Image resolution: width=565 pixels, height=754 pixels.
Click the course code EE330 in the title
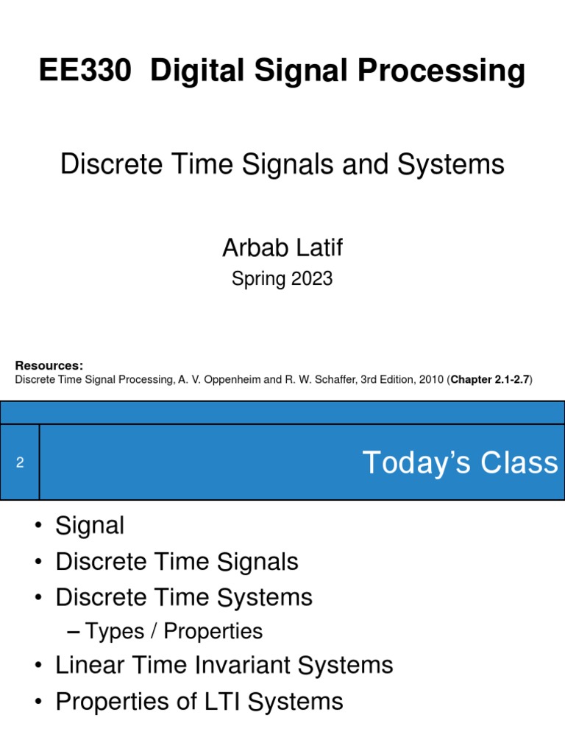point(85,70)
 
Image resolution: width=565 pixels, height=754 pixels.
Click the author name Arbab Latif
point(282,247)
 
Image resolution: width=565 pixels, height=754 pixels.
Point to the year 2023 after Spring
point(312,279)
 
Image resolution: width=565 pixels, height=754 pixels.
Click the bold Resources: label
point(49,365)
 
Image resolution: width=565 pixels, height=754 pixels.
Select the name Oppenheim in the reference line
point(232,379)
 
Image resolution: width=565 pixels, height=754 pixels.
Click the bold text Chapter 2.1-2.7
point(490,379)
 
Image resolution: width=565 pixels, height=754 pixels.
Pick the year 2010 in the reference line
point(431,379)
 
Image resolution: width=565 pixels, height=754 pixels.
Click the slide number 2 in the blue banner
point(20,462)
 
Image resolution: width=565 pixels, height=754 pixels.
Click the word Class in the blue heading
point(519,462)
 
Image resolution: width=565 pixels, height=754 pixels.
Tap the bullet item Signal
point(90,526)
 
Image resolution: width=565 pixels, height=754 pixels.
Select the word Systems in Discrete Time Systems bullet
point(265,598)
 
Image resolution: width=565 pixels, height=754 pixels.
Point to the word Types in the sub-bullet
point(115,631)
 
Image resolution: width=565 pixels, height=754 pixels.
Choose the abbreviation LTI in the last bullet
point(222,702)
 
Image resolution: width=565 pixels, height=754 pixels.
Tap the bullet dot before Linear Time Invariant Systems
point(38,666)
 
